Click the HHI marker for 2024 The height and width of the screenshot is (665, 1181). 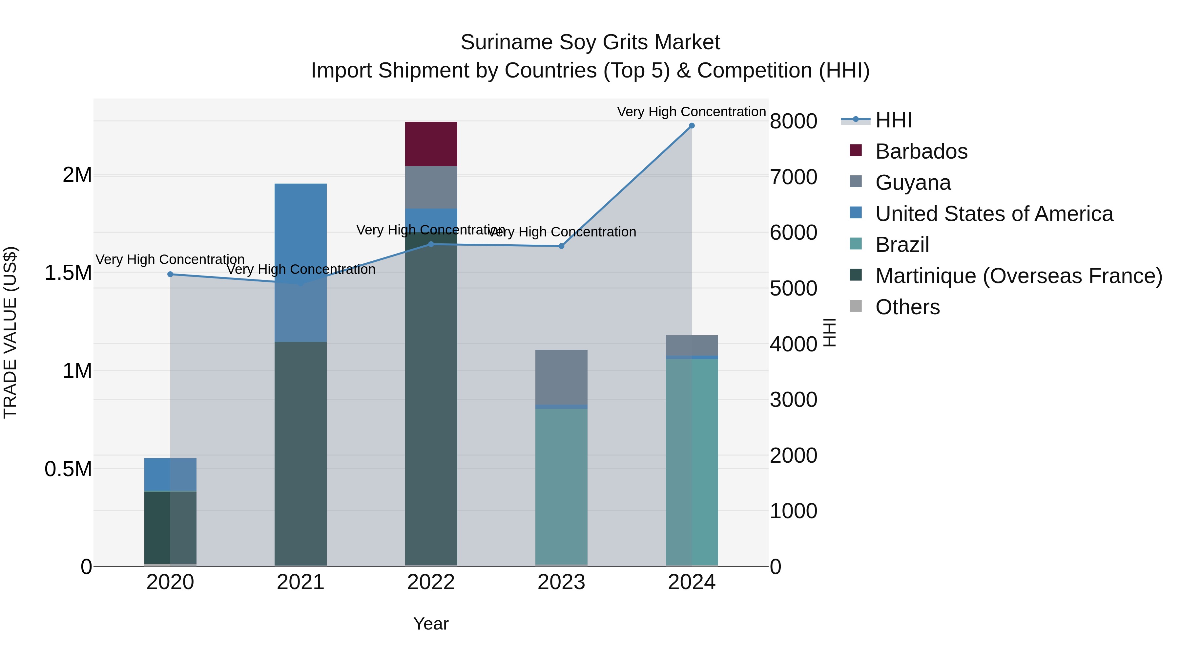[x=691, y=126]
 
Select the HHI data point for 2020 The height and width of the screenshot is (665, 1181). [x=170, y=275]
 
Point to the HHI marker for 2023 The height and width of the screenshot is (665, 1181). [x=561, y=246]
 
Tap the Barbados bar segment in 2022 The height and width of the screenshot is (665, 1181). [x=431, y=144]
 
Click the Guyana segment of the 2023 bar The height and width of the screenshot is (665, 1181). [x=561, y=377]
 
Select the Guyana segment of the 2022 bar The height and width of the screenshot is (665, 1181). [x=431, y=187]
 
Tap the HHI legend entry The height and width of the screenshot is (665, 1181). [x=893, y=120]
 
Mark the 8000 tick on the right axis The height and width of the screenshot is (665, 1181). [x=793, y=122]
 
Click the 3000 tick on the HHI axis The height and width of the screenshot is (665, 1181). [x=793, y=400]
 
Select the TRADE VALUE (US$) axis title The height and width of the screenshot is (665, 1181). [x=10, y=332]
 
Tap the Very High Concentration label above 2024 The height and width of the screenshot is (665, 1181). [x=691, y=112]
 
